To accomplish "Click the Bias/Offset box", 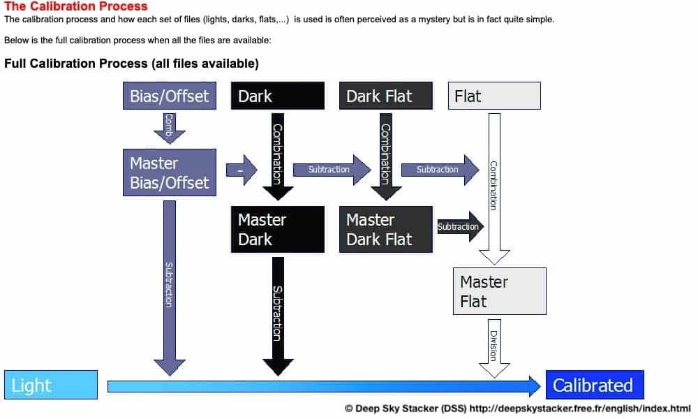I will click(x=170, y=96).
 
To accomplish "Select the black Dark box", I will click(x=277, y=96).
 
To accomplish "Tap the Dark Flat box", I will click(x=385, y=96).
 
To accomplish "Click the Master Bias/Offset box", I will click(x=169, y=172).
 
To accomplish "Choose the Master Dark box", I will click(x=277, y=229).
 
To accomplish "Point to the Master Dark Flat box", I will click(x=385, y=229).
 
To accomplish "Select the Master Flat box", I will click(x=498, y=291).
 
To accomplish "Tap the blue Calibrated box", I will click(x=594, y=385).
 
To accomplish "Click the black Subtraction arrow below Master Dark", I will click(x=277, y=314).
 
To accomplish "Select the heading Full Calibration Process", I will click(x=131, y=64).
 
